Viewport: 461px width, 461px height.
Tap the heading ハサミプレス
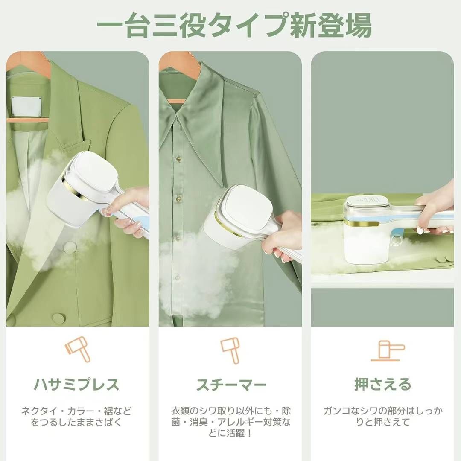tap(76, 385)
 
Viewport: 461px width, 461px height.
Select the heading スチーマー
tap(231, 385)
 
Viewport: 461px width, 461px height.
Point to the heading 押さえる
tap(382, 385)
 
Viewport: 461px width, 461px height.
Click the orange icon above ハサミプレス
tap(78, 350)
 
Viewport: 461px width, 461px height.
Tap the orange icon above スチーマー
tap(230, 350)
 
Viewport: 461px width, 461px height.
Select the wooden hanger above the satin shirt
tap(179, 64)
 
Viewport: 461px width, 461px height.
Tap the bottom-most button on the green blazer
tap(58, 318)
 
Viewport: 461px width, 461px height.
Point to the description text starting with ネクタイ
tap(76, 417)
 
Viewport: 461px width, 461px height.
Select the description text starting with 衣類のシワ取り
tap(231, 422)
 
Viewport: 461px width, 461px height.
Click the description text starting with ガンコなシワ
tap(382, 417)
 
